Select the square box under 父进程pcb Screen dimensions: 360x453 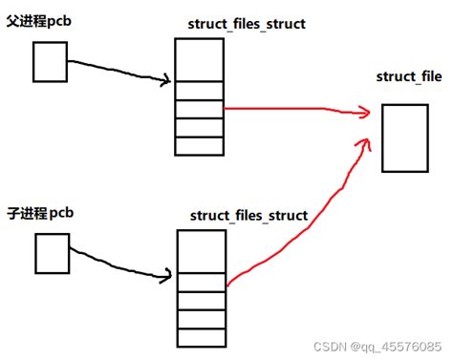(49, 62)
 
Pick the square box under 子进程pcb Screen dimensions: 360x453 (52, 250)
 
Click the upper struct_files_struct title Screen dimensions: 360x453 (247, 23)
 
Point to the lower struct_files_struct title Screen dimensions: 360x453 (248, 216)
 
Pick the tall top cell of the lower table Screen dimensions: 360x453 (200, 253)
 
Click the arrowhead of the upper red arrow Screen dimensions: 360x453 (365, 114)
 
